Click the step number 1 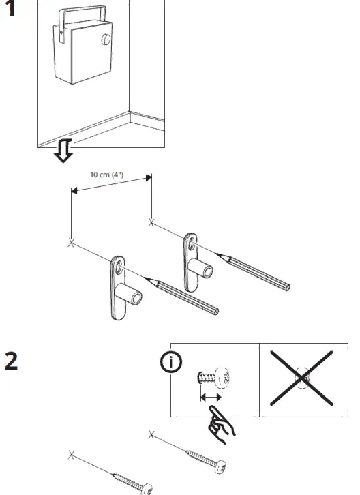[11, 12]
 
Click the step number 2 [12, 361]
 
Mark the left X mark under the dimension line [72, 243]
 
